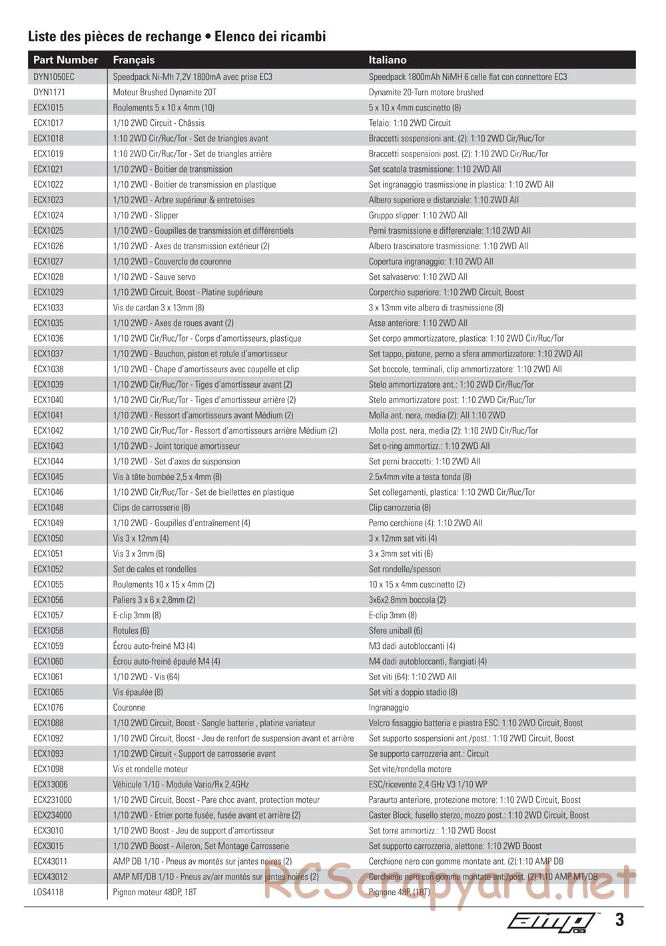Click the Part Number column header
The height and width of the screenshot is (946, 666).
point(65,60)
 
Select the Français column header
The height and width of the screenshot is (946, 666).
point(133,60)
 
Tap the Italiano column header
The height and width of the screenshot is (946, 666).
point(387,60)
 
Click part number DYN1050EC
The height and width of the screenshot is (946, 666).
point(54,77)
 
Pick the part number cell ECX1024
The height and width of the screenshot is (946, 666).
point(49,215)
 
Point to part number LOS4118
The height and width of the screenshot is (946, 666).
point(49,892)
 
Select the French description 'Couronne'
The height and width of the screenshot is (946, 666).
point(129,708)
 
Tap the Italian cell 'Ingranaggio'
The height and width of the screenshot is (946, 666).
point(388,708)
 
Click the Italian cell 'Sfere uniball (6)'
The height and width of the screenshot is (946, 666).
point(396,630)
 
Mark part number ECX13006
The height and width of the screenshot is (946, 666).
point(51,784)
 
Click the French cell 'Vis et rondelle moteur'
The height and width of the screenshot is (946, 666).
point(151,769)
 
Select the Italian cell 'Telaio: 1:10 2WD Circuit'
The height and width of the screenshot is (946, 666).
point(410,123)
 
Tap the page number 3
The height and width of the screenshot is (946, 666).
point(619,920)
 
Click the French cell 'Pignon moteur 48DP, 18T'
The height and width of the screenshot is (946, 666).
point(155,892)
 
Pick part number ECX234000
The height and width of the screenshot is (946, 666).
point(53,815)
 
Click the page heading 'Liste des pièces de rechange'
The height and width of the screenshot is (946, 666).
point(114,37)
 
